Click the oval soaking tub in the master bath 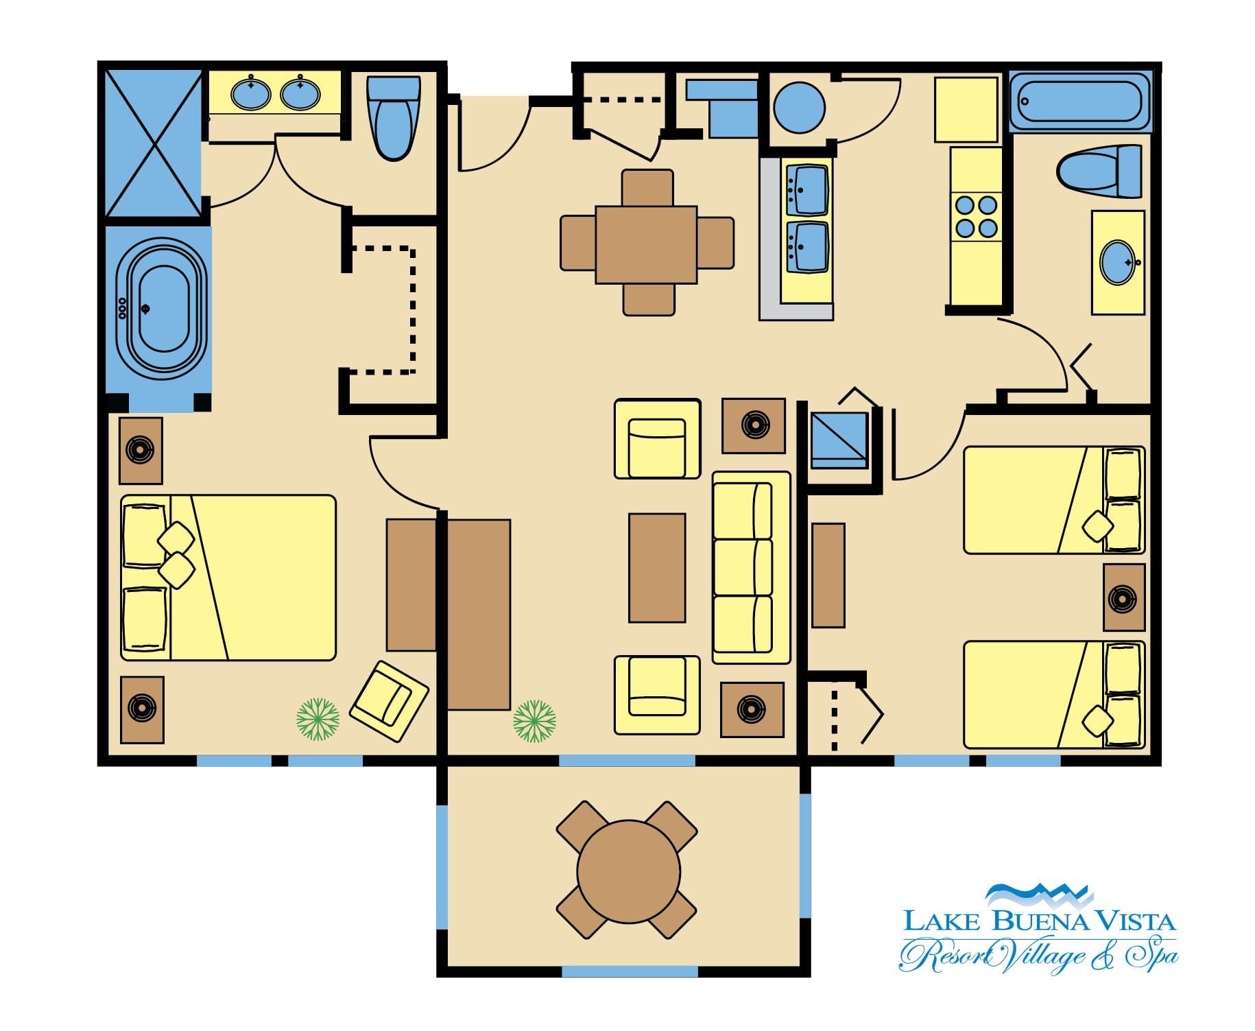(x=161, y=309)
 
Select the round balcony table (x=628, y=870)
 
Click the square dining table (x=646, y=244)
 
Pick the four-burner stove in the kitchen (x=977, y=216)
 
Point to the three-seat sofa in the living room (x=752, y=567)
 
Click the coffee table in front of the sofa (x=657, y=568)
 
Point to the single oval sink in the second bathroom (x=1118, y=261)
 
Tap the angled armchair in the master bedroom (x=389, y=701)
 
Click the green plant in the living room (x=535, y=721)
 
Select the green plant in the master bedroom (x=318, y=720)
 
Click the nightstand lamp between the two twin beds (x=1124, y=597)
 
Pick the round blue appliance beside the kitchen (x=799, y=108)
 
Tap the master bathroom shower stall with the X (x=154, y=143)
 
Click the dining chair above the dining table (x=647, y=187)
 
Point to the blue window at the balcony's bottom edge (x=630, y=971)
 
